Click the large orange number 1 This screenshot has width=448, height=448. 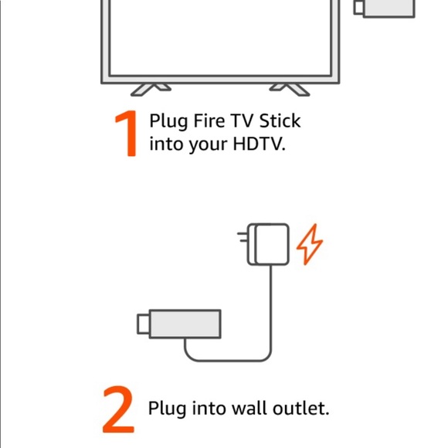pyautogui.click(x=127, y=134)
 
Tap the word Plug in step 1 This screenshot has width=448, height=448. pyautogui.click(x=168, y=122)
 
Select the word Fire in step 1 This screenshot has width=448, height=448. pyautogui.click(x=207, y=121)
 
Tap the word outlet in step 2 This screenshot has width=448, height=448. pyautogui.click(x=299, y=407)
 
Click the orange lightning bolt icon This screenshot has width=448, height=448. pyautogui.click(x=310, y=245)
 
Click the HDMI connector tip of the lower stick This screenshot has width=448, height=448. pyautogui.click(x=144, y=323)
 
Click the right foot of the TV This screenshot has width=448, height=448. pyautogui.click(x=290, y=90)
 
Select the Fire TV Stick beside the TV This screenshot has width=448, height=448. pyautogui.click(x=384, y=8)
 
